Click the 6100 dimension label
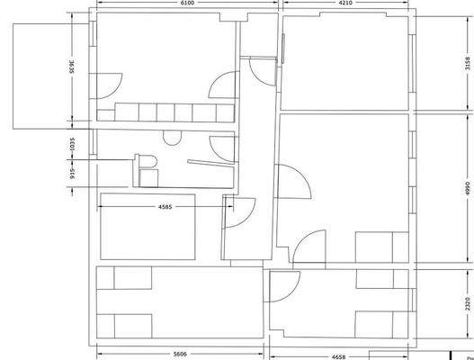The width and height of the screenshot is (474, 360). (186, 4)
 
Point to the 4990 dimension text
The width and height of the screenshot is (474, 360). (466, 188)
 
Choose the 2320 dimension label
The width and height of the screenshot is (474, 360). (466, 303)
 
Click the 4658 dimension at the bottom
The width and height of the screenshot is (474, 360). (339, 356)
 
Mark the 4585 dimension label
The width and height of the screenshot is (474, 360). (165, 206)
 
